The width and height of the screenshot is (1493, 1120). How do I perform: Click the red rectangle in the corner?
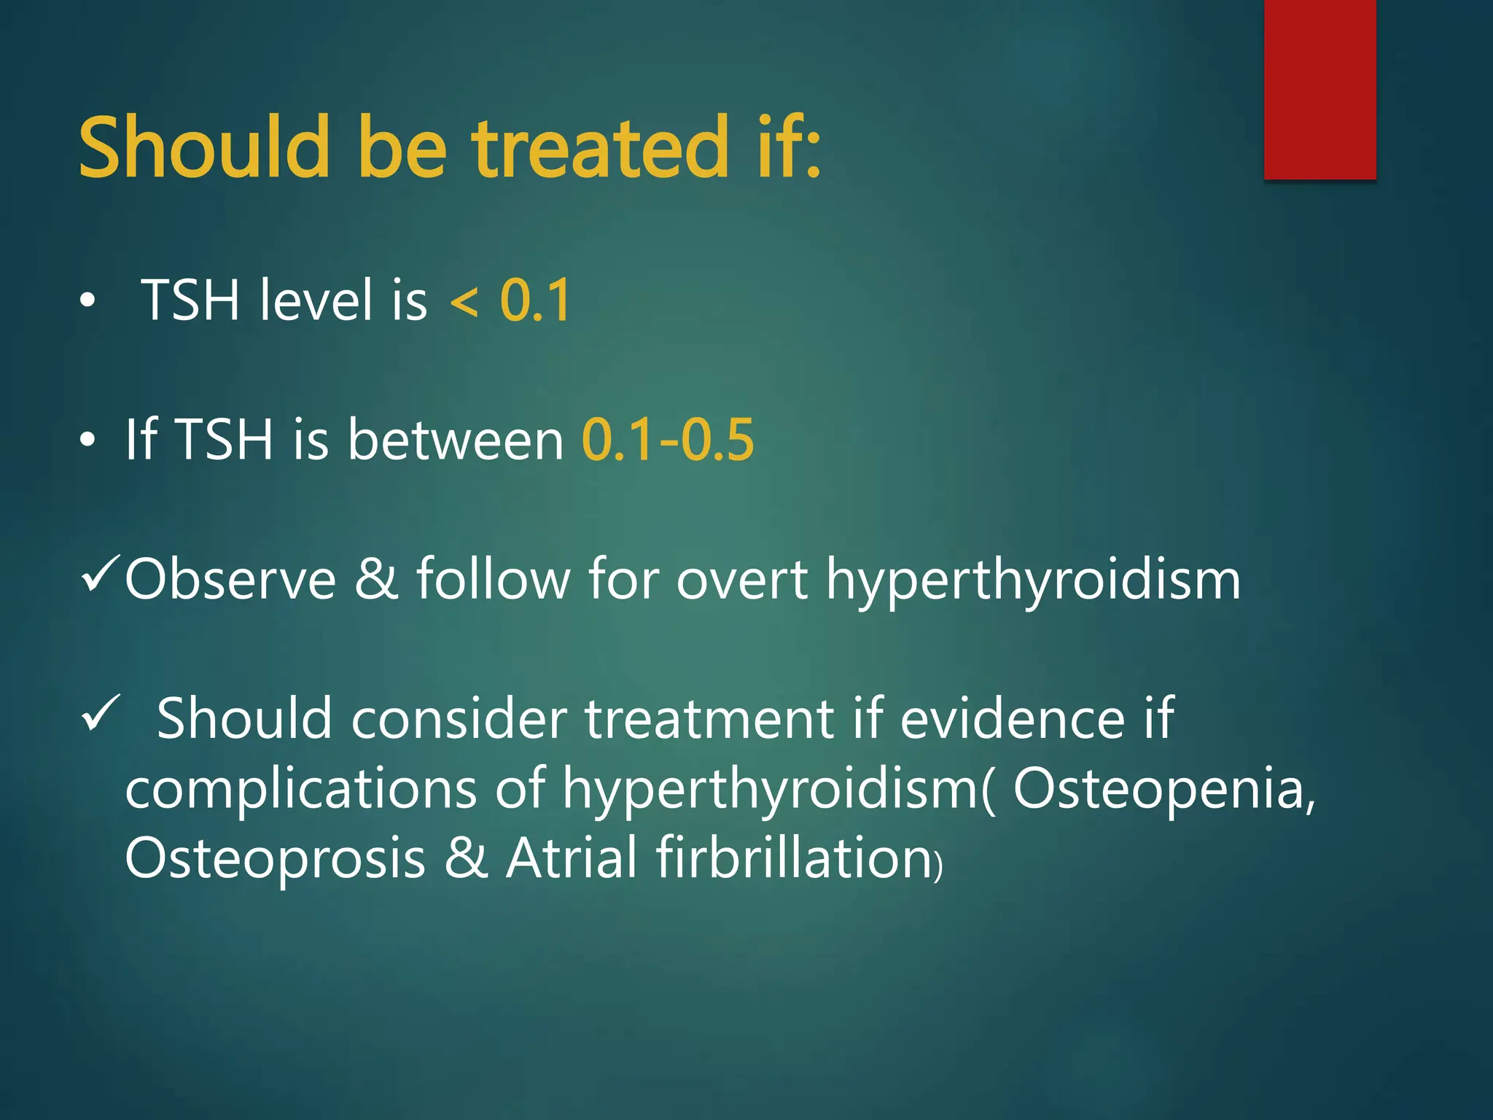click(x=1319, y=89)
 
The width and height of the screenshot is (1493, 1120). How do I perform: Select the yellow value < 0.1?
click(x=510, y=300)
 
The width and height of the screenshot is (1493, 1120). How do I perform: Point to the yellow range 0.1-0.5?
click(x=667, y=440)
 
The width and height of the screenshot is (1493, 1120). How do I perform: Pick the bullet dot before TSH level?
click(x=87, y=301)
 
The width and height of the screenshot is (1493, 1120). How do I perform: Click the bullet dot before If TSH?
click(x=87, y=440)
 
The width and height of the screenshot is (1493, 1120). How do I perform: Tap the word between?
click(x=455, y=440)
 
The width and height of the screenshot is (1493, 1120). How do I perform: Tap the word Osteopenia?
click(x=1163, y=789)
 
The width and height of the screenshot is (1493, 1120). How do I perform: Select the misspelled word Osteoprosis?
click(x=275, y=858)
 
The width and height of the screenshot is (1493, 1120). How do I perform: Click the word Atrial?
click(x=572, y=858)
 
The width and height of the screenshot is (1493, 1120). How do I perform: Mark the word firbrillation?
click(x=794, y=858)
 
